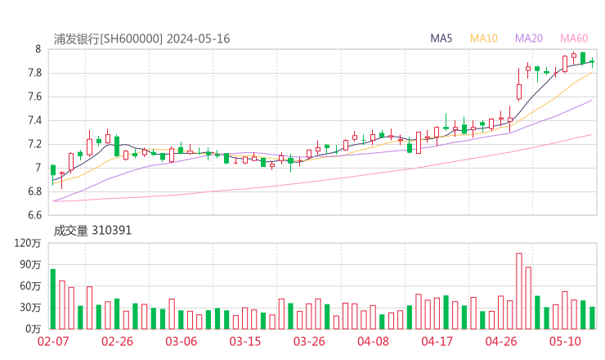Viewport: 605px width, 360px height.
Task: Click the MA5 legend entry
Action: pyautogui.click(x=441, y=38)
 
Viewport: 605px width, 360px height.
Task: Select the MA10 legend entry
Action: pyautogui.click(x=484, y=38)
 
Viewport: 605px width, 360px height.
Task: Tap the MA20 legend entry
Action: pyautogui.click(x=529, y=38)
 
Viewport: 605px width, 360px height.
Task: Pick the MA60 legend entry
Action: pyautogui.click(x=573, y=38)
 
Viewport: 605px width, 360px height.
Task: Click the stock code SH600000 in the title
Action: pyautogui.click(x=132, y=38)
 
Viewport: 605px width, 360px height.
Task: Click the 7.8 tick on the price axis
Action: pyautogui.click(x=34, y=73)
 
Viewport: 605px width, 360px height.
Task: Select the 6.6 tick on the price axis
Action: pyautogui.click(x=34, y=216)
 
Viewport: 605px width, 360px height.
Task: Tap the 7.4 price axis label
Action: pyautogui.click(x=34, y=120)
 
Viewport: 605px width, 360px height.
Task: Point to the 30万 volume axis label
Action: pyautogui.click(x=31, y=308)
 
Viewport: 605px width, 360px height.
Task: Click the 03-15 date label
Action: pyautogui.click(x=244, y=340)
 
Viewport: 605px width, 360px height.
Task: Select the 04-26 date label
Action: pyautogui.click(x=501, y=340)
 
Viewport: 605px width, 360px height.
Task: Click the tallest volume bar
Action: pyautogui.click(x=518, y=290)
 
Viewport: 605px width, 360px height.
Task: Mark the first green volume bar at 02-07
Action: pyautogui.click(x=52, y=299)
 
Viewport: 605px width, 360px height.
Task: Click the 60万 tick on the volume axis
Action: pyautogui.click(x=31, y=286)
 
